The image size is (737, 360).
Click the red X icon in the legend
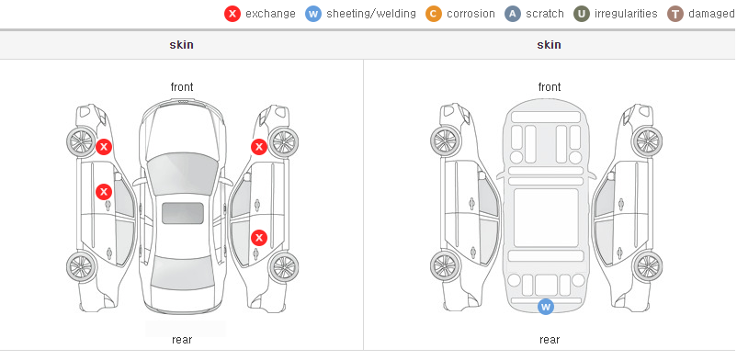coord(232,14)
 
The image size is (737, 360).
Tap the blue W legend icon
coord(313,14)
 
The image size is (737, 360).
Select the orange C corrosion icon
coord(434,14)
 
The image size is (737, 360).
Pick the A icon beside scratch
coord(513,14)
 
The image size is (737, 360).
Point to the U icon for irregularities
coord(582,14)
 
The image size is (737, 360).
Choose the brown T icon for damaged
coord(675,14)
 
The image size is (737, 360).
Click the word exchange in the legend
coord(270,14)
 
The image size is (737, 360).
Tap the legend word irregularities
coord(626,14)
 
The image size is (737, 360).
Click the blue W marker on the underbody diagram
coord(545,307)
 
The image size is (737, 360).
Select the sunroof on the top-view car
coord(183,213)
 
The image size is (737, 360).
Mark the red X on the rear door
coord(259,238)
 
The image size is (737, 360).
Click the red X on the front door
coord(104,192)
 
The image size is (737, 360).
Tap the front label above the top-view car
coord(182,87)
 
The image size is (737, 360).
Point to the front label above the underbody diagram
coord(550,87)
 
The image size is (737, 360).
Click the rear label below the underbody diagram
coord(550,339)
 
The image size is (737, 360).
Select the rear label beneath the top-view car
coord(182,339)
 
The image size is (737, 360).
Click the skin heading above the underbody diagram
coord(549,45)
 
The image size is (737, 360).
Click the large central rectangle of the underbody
coord(546,218)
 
